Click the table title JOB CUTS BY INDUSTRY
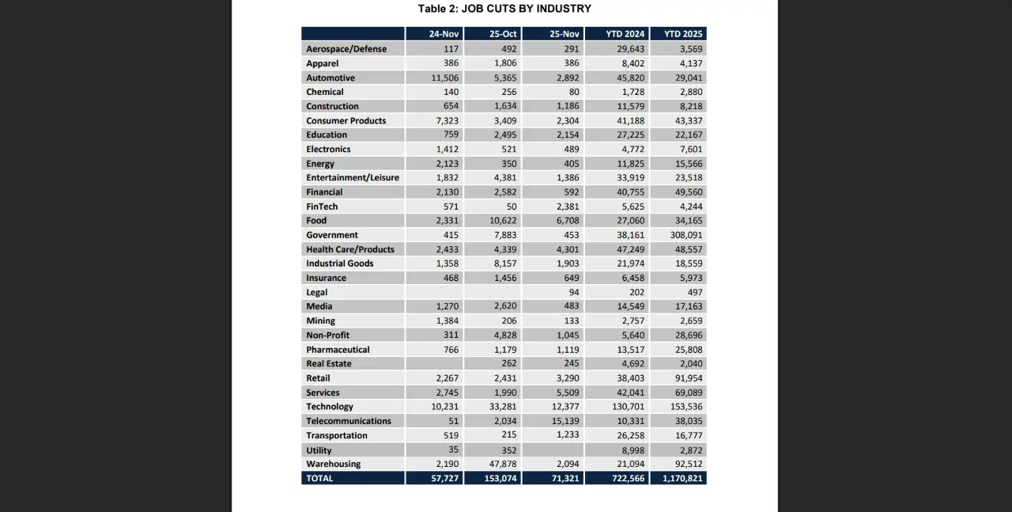click(x=504, y=9)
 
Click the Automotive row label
click(x=330, y=78)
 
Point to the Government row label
click(x=332, y=235)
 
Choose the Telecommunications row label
click(x=349, y=421)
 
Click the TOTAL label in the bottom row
click(x=319, y=478)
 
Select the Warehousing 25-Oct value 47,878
click(x=500, y=464)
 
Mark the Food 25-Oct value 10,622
click(x=500, y=221)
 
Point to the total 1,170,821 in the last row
click(x=678, y=478)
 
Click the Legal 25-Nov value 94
click(x=573, y=292)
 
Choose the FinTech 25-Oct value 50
click(x=509, y=207)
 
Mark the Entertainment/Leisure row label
click(x=353, y=178)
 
